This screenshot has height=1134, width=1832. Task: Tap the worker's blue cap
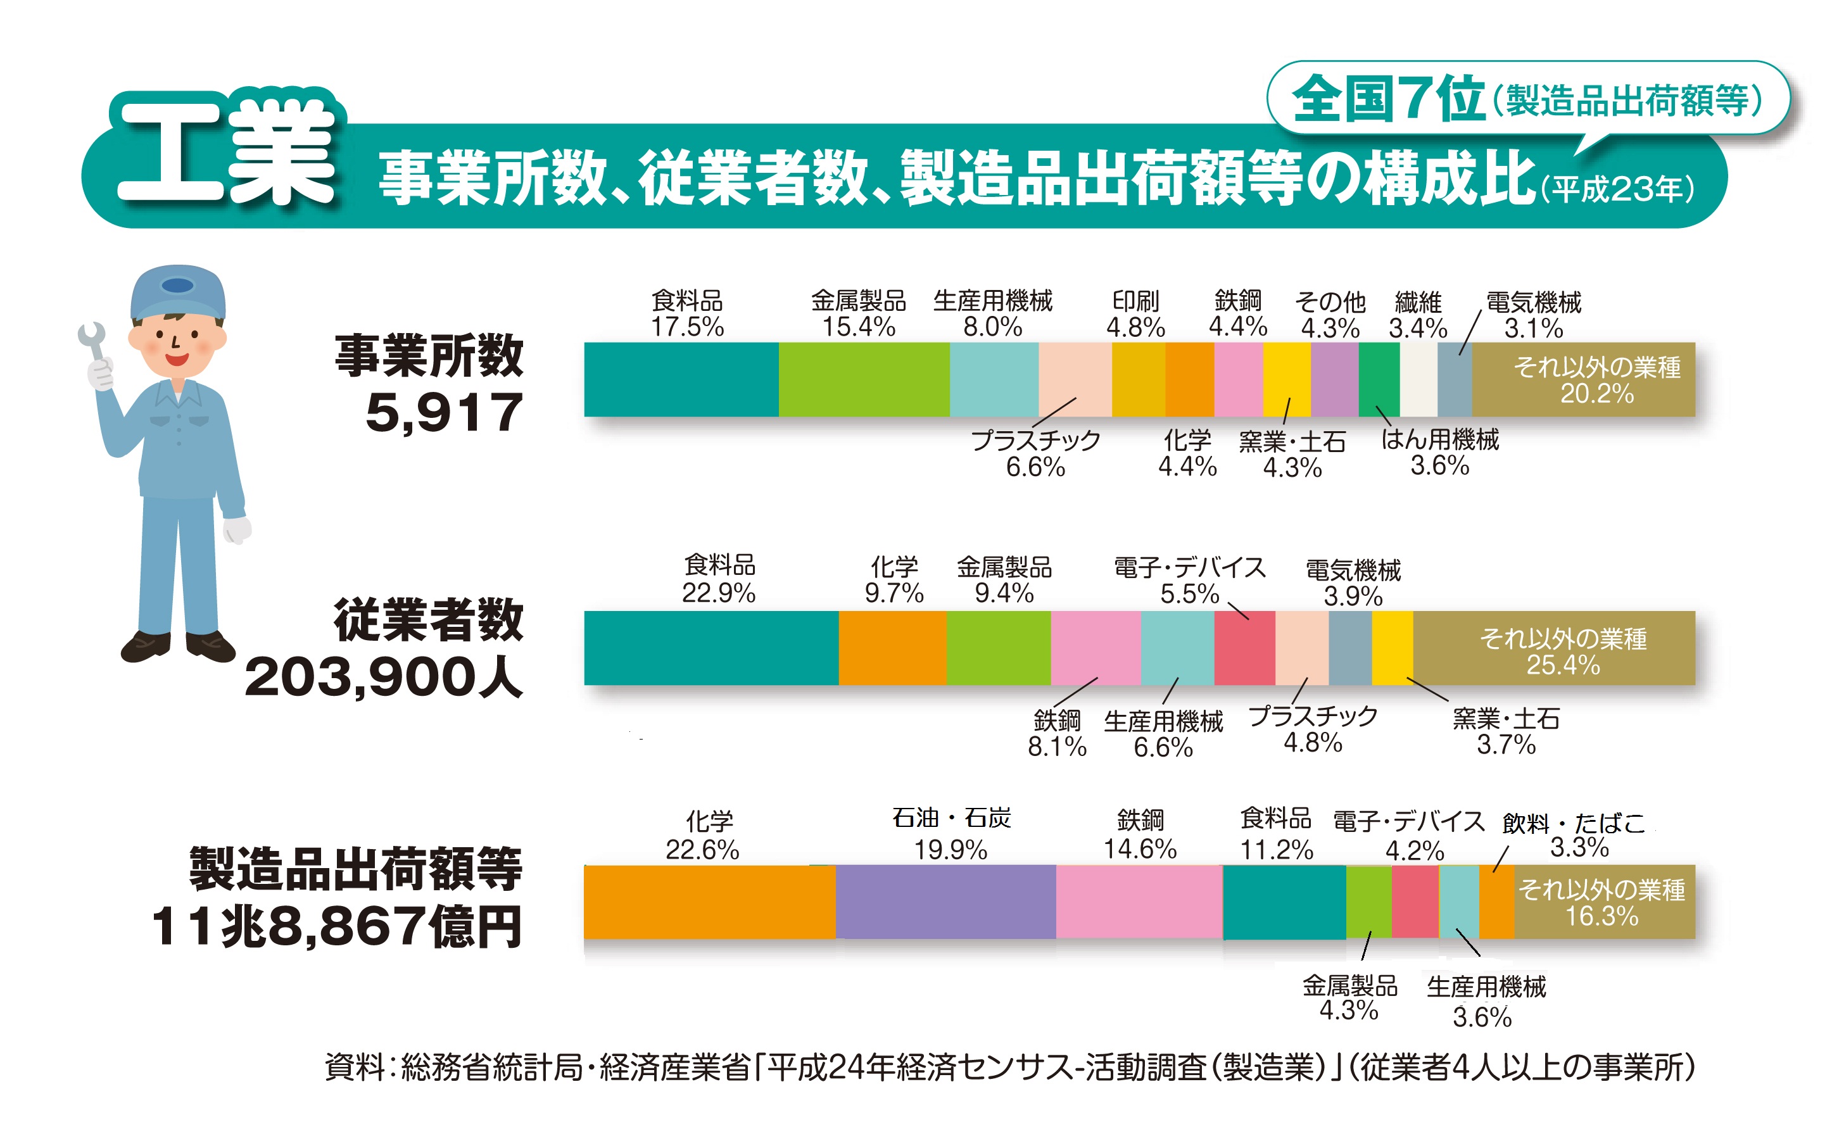tap(178, 293)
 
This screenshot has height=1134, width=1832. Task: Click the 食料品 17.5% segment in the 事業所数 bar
tap(680, 379)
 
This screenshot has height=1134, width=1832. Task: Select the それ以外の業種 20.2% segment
tap(1582, 379)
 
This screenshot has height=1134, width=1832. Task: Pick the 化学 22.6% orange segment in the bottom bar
tap(709, 902)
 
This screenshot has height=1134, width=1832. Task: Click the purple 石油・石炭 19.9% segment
tap(945, 902)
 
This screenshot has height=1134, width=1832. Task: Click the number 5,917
tap(443, 412)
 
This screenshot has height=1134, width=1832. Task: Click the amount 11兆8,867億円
tap(337, 927)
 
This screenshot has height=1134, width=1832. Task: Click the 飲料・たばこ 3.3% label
tap(1575, 835)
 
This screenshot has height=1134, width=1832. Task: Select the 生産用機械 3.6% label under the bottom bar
tap(1485, 1001)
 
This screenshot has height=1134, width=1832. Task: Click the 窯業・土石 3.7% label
tap(1505, 731)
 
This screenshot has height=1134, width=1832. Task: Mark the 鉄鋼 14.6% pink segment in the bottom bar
tap(1139, 902)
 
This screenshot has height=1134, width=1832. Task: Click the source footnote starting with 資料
tap(1009, 1068)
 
